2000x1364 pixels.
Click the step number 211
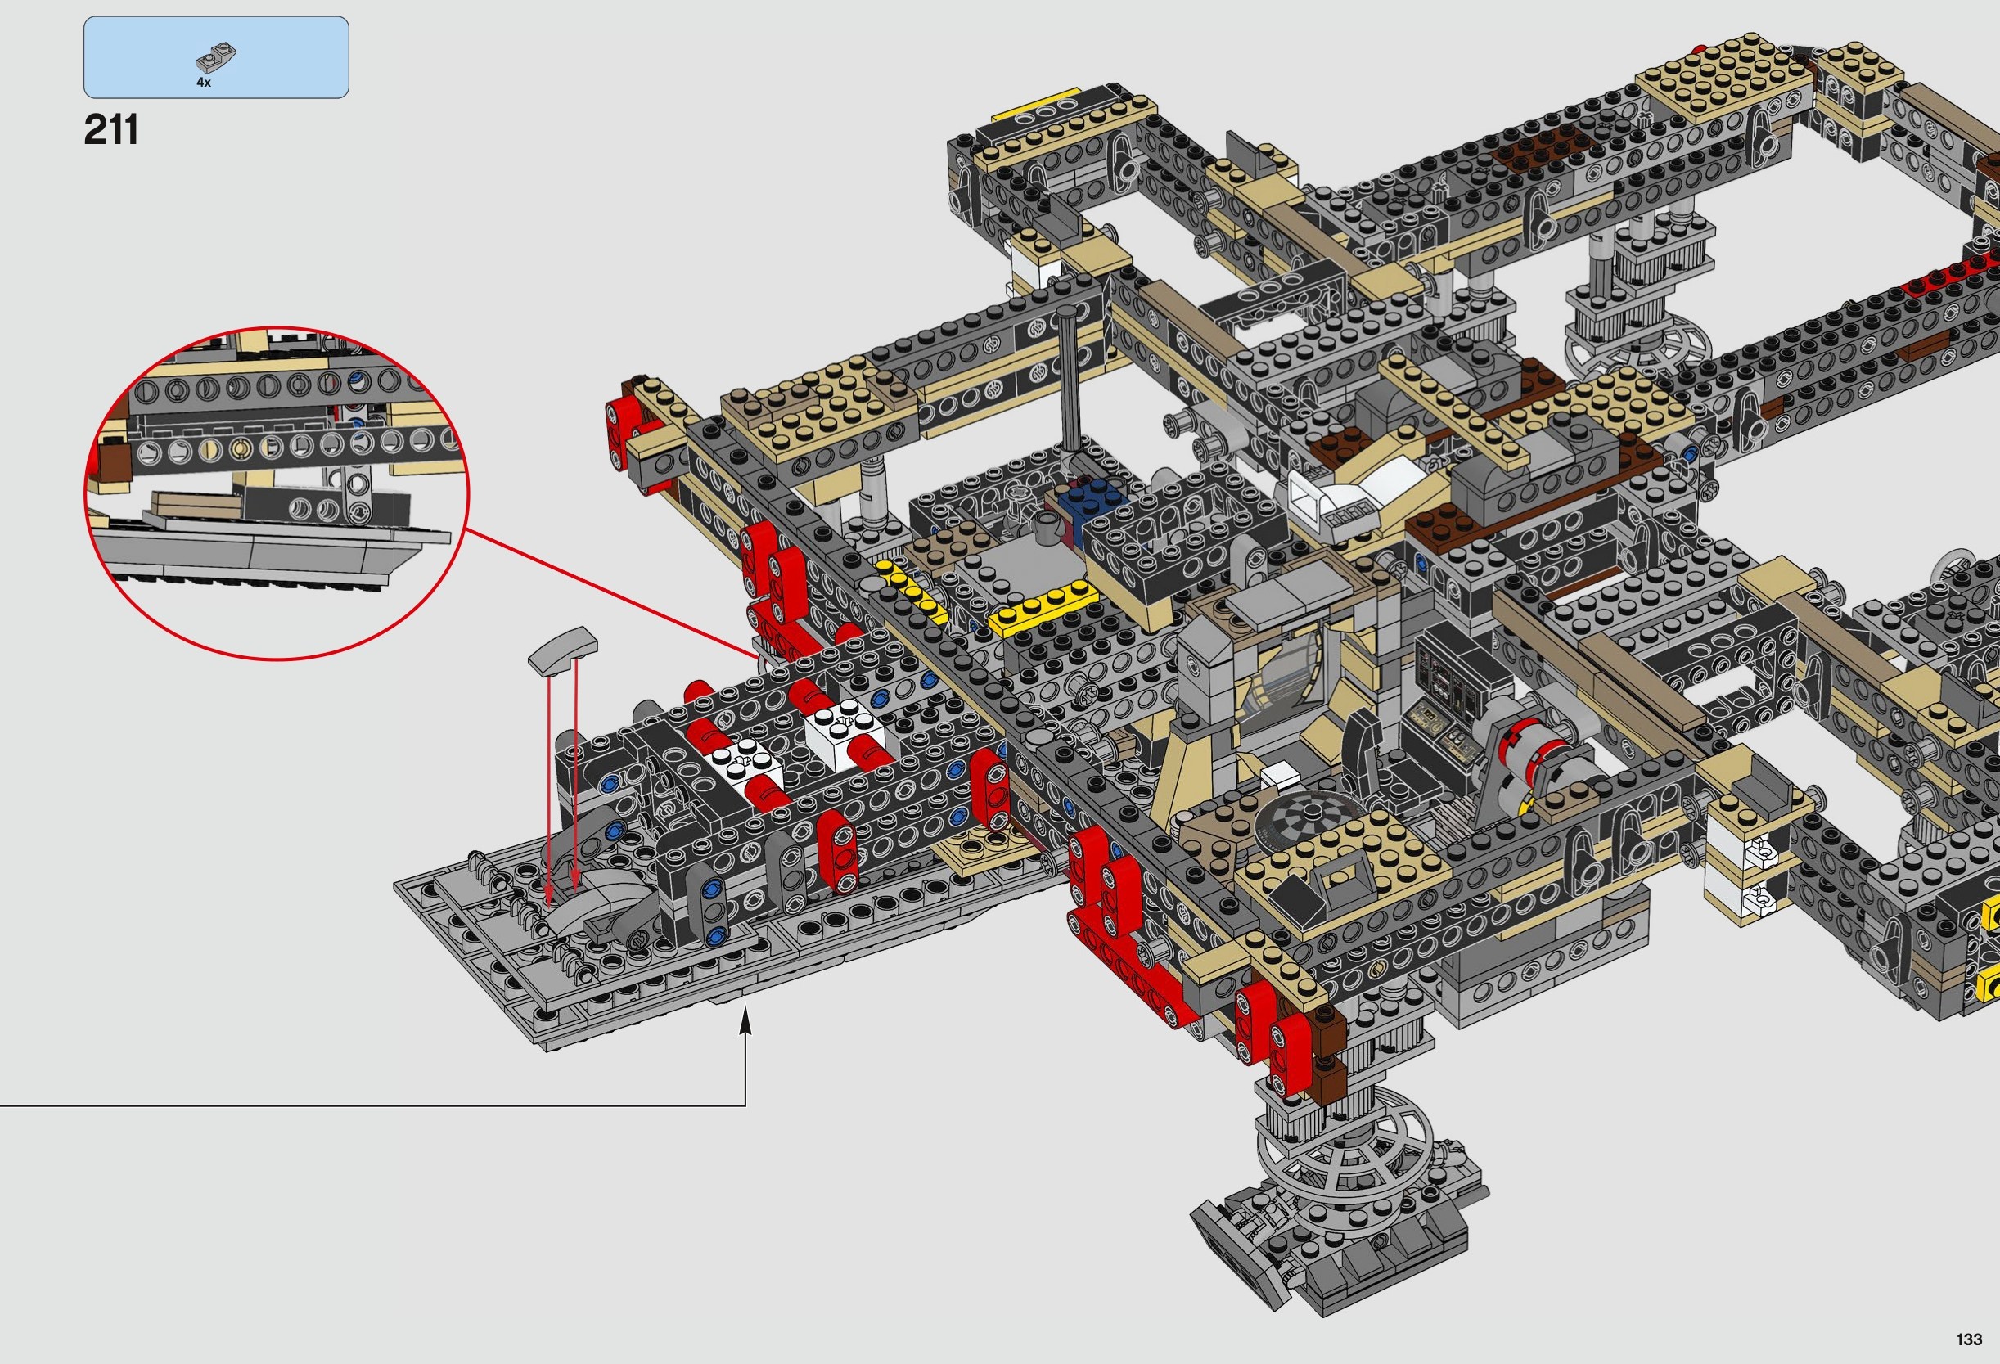pyautogui.click(x=111, y=130)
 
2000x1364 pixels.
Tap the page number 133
pyautogui.click(x=1968, y=1339)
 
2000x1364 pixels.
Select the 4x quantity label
pyautogui.click(x=204, y=83)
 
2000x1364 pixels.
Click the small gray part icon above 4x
pyautogui.click(x=216, y=57)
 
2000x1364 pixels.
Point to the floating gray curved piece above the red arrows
pyautogui.click(x=563, y=649)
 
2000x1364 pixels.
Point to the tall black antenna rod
pyautogui.click(x=1069, y=379)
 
